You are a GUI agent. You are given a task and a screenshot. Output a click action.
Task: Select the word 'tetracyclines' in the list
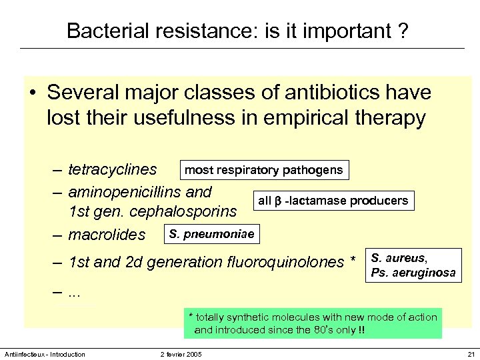click(x=113, y=171)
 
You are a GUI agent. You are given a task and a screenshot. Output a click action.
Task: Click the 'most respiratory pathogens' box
click(x=263, y=170)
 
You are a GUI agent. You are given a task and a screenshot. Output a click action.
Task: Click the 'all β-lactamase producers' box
click(x=333, y=201)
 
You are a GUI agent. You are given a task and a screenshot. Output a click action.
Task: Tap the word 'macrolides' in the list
click(x=107, y=235)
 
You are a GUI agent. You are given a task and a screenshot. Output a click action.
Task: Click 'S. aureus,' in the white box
click(x=399, y=258)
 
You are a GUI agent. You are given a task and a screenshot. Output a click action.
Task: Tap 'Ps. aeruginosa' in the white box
click(x=413, y=273)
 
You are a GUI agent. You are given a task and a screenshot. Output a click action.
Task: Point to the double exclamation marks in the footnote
click(x=361, y=329)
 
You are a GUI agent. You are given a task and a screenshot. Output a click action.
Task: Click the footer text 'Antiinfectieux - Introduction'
click(x=45, y=354)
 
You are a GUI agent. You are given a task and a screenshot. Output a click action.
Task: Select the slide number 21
click(x=471, y=354)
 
